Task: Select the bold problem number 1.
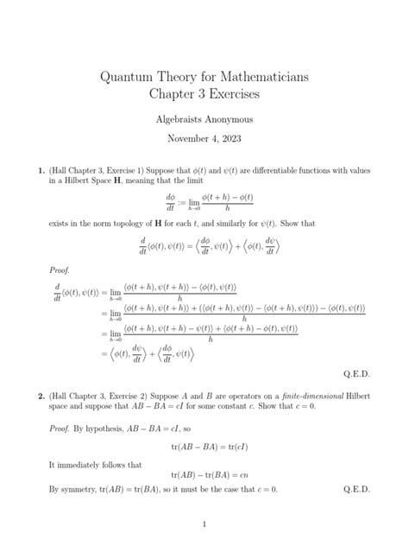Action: coord(41,171)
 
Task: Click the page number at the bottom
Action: coord(204,524)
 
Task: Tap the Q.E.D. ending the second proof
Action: coord(356,489)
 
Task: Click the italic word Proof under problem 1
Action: coord(60,269)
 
